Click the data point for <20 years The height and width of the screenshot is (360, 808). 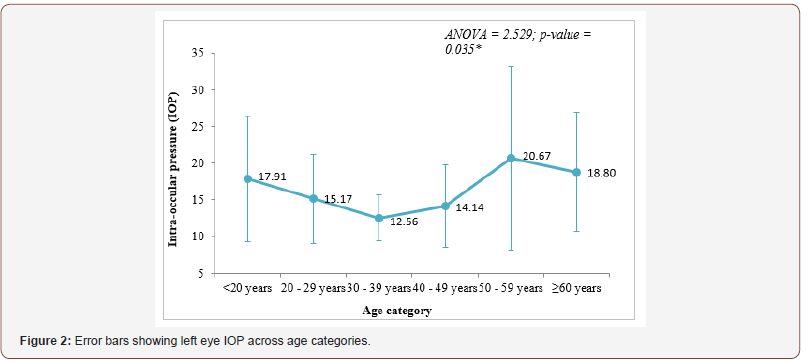coord(247,179)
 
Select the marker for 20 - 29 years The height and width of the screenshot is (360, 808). coord(313,198)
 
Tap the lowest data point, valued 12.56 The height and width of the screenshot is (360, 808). coord(379,218)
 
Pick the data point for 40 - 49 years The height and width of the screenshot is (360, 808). coord(445,206)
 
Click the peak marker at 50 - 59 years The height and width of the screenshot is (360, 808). coord(511,158)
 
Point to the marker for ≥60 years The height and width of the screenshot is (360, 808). coord(577,172)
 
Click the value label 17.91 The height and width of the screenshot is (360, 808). coord(273,177)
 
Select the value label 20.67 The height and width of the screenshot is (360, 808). coord(537,156)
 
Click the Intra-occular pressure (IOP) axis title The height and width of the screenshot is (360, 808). coord(173,161)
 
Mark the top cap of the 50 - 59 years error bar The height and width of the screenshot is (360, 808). coord(511,67)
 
